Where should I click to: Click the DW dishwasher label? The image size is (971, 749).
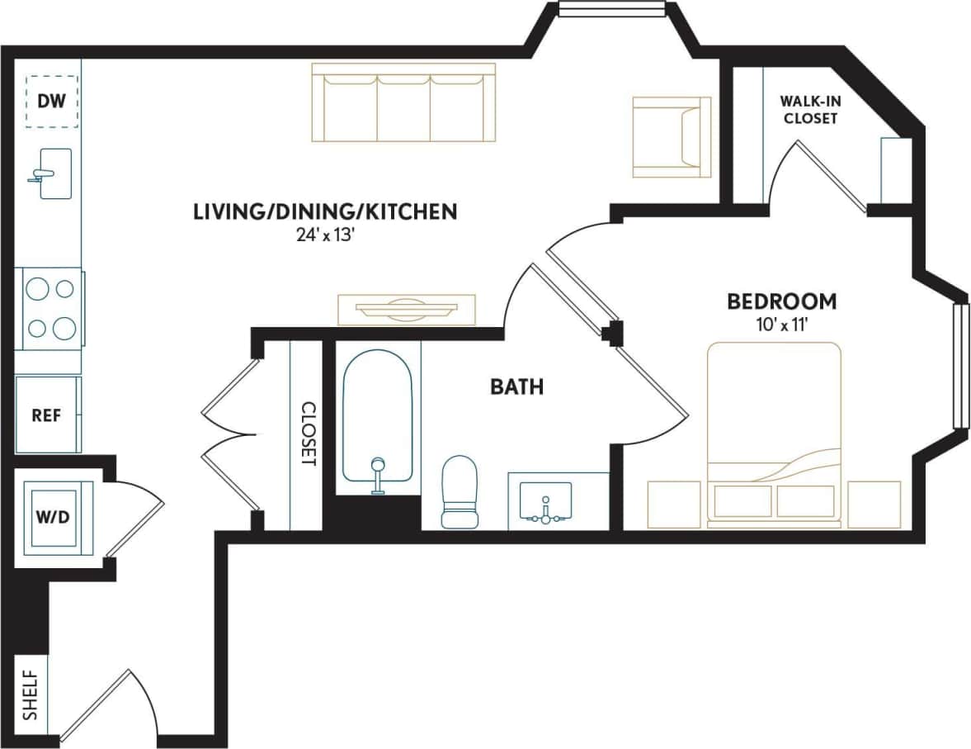51,102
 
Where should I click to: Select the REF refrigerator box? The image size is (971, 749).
47,415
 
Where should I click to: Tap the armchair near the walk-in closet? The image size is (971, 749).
671,137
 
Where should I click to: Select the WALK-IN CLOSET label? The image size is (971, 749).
810,110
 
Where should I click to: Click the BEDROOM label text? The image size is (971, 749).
781,301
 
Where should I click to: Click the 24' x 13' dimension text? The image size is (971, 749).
325,235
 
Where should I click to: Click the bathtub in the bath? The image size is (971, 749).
377,418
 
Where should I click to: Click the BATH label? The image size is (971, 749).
517,386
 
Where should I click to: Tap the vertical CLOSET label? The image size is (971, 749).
308,434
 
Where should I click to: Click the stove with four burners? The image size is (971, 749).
50,308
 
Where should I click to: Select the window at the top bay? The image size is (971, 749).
611,9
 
